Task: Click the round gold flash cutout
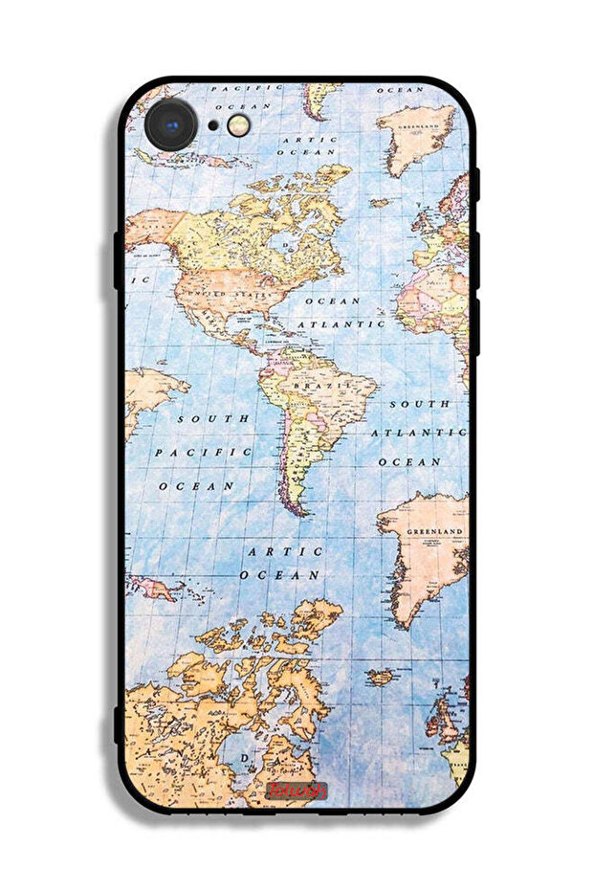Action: pyautogui.click(x=240, y=124)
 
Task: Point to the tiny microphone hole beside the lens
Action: pyautogui.click(x=212, y=125)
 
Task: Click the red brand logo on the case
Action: pyautogui.click(x=297, y=791)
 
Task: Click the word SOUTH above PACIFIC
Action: pyautogui.click(x=212, y=418)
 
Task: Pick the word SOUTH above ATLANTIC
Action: pyautogui.click(x=419, y=404)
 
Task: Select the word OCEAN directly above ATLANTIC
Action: pyautogui.click(x=332, y=301)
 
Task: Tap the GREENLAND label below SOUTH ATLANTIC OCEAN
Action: pyautogui.click(x=434, y=530)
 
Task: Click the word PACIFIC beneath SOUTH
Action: pyautogui.click(x=203, y=452)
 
